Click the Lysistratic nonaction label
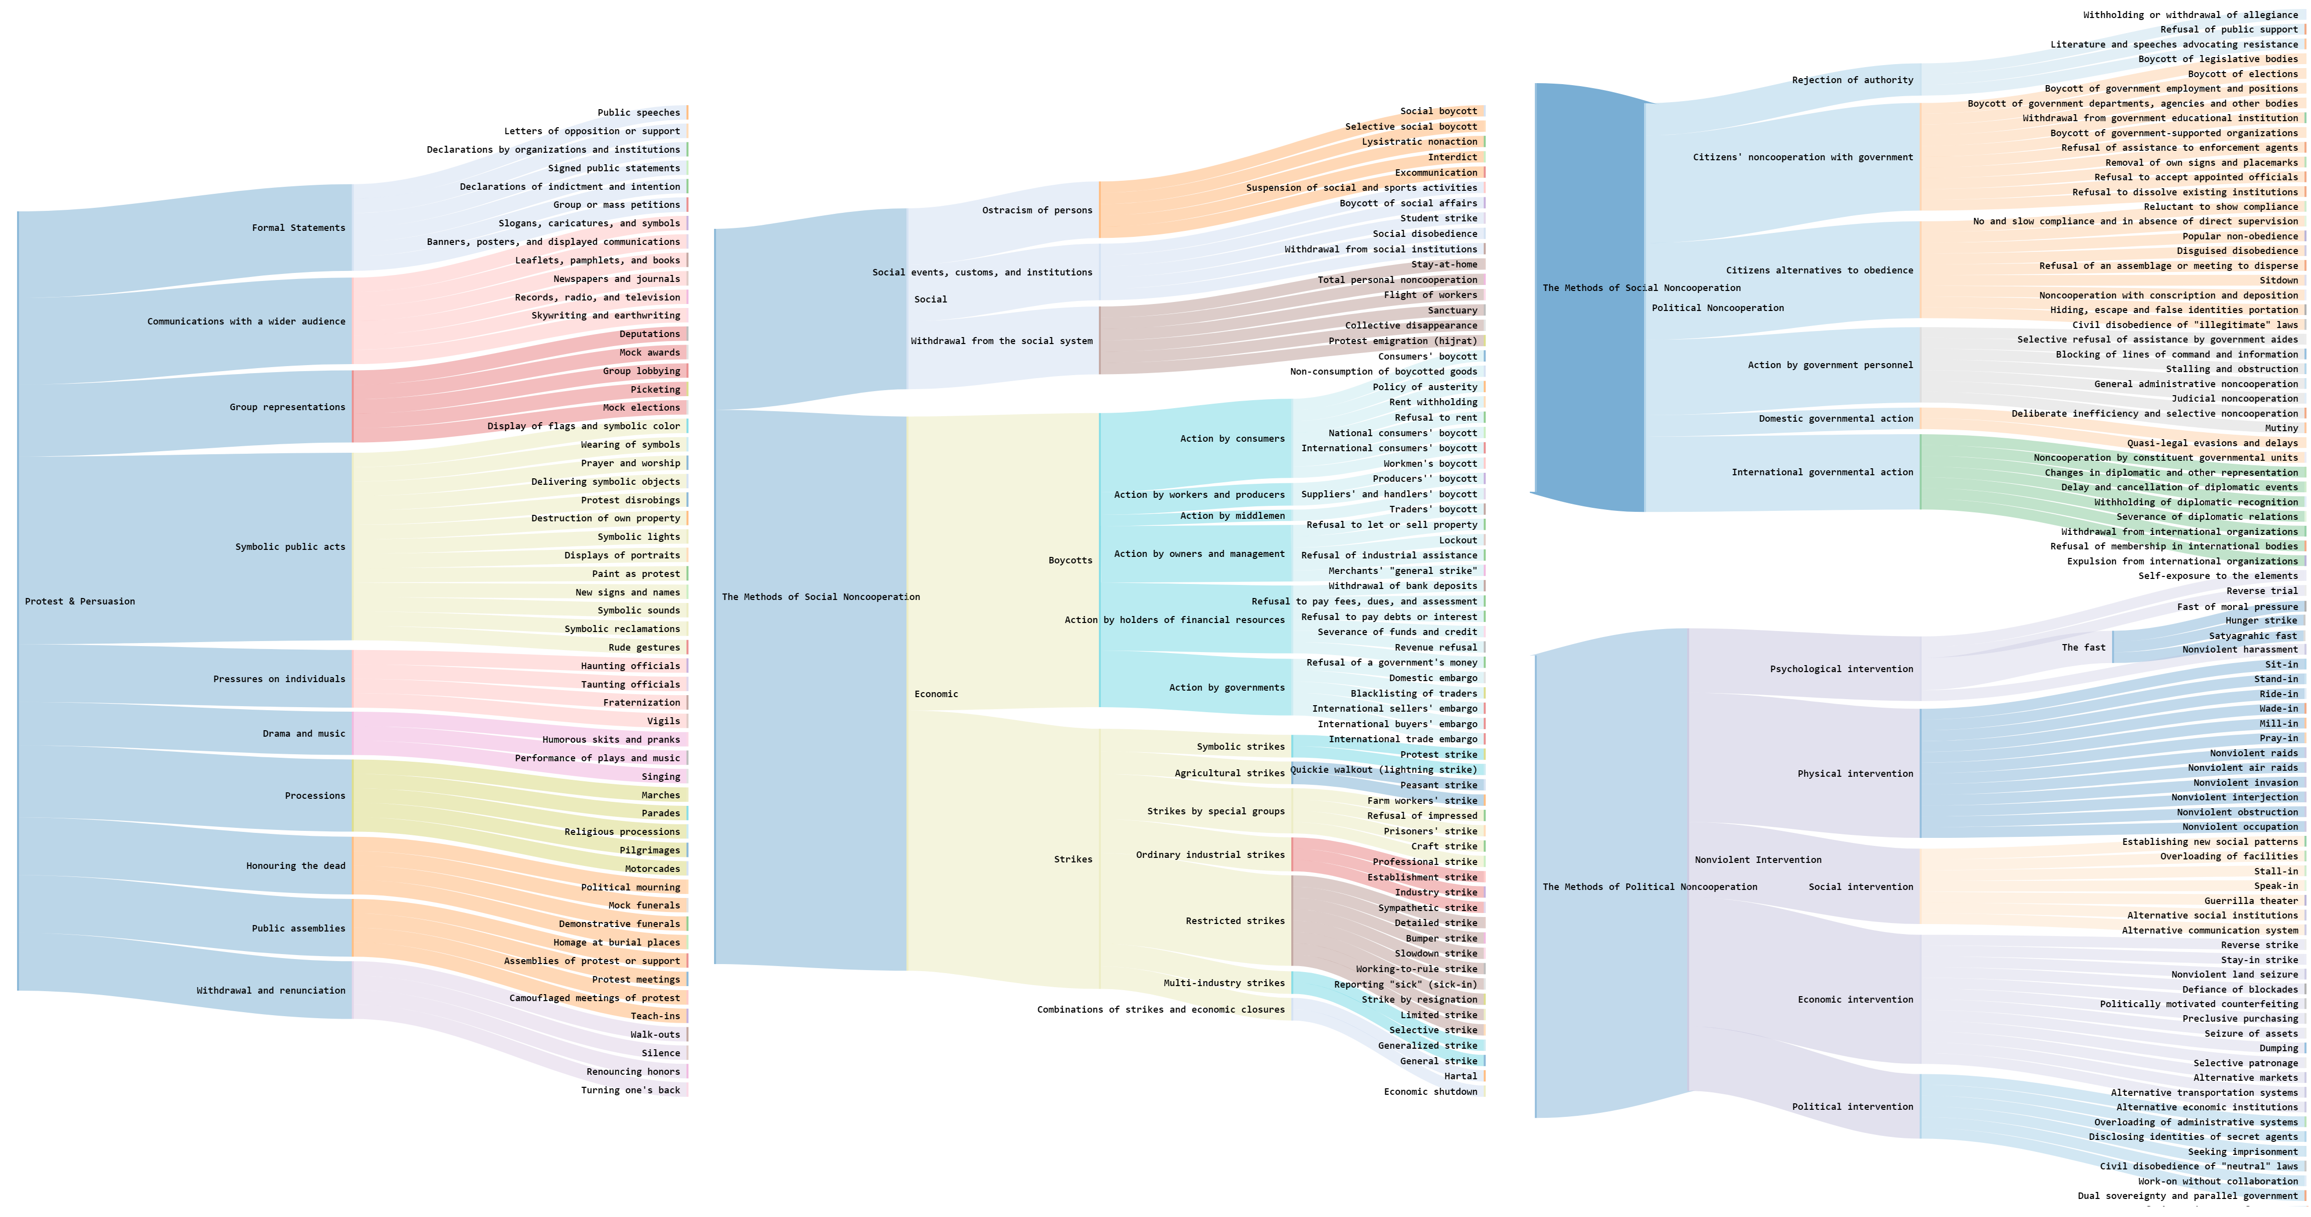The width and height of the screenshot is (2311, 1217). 1419,142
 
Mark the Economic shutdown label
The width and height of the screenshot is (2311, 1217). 1430,1091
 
